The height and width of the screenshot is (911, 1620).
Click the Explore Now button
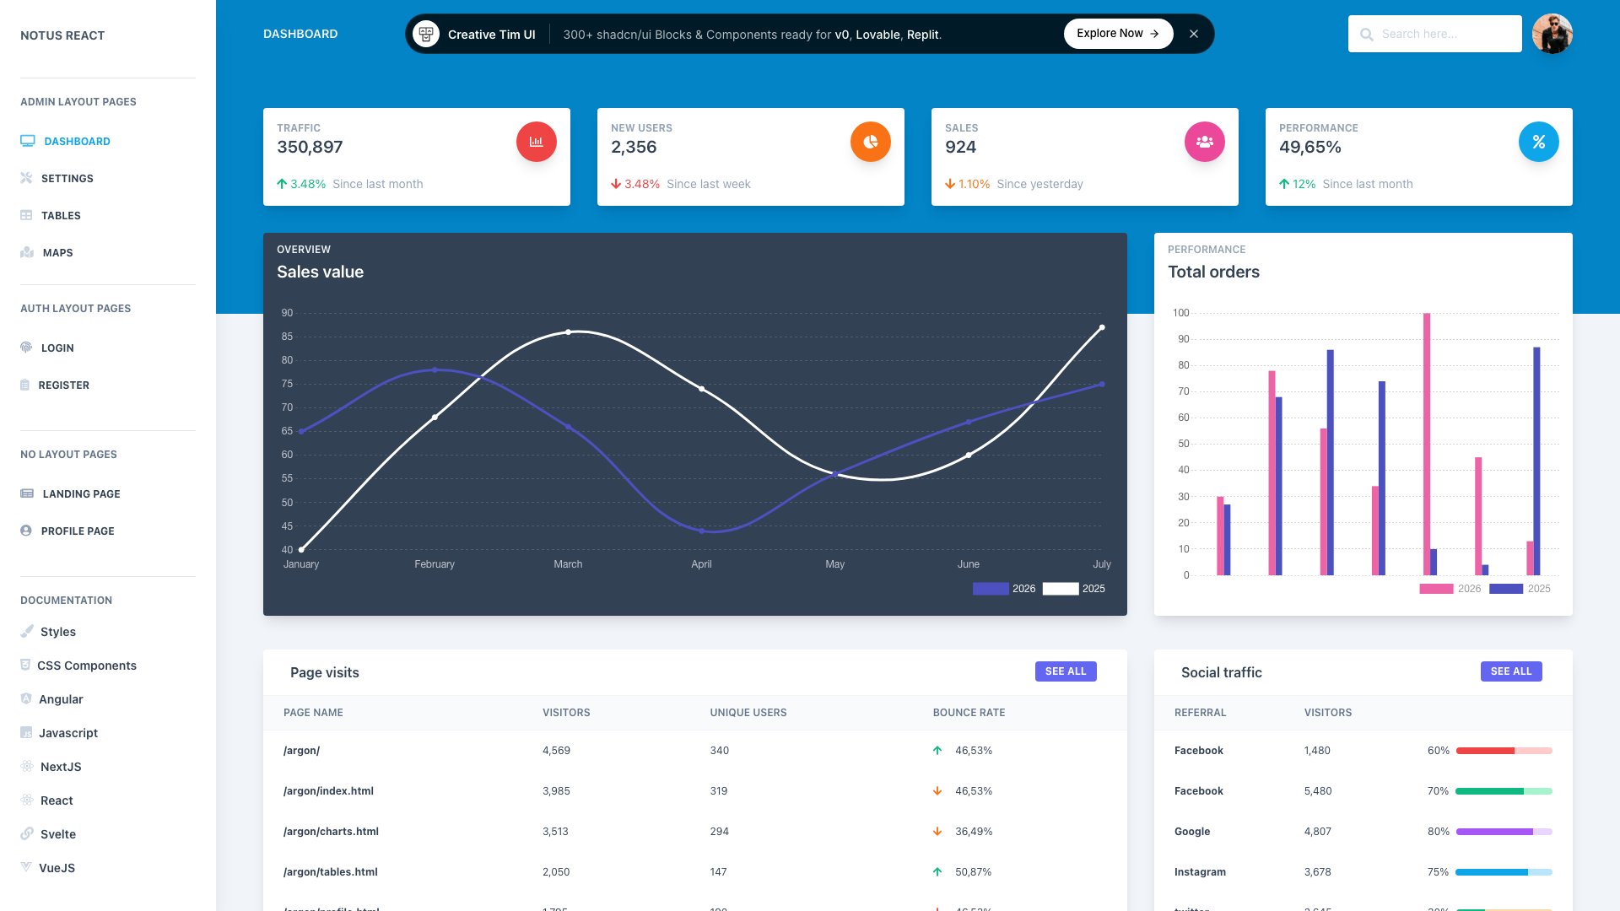1117,34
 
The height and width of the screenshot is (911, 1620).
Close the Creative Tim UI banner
1193,34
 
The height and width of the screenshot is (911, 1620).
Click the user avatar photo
1552,34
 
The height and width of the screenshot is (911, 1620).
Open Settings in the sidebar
67,179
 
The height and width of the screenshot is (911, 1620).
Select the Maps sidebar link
57,253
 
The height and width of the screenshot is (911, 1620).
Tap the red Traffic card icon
536,142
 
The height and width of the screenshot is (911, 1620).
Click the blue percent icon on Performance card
1538,142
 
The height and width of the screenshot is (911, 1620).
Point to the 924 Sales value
960,147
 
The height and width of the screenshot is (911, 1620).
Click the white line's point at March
568,332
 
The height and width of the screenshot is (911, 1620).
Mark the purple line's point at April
701,531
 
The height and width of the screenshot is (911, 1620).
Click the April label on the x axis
701,564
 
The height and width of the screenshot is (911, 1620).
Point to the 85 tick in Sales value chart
287,337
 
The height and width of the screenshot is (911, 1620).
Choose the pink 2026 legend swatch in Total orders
1436,589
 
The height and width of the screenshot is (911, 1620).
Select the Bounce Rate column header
969,713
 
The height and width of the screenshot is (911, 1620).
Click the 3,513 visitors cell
555,832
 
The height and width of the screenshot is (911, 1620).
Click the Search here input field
1443,34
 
